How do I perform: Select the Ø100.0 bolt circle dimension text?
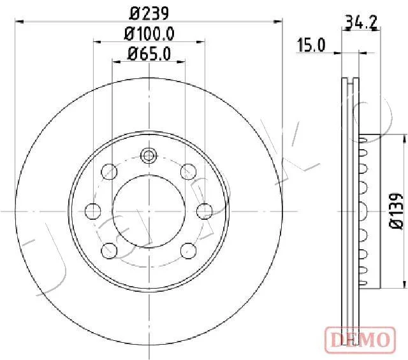click(x=149, y=34)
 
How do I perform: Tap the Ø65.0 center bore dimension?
click(x=149, y=54)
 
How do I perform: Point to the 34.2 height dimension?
click(x=361, y=22)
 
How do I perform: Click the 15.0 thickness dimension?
click(x=311, y=45)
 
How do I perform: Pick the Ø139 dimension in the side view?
click(x=396, y=211)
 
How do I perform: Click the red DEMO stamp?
click(x=360, y=340)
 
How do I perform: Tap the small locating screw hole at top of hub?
click(x=149, y=155)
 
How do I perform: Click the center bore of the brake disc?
click(x=149, y=211)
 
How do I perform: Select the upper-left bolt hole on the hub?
click(x=109, y=171)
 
